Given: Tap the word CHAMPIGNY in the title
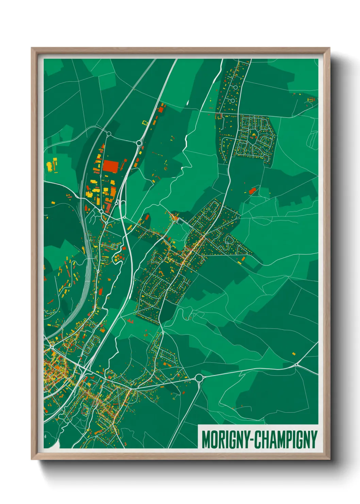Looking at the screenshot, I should (286, 440).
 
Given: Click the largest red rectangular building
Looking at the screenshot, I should (111, 166).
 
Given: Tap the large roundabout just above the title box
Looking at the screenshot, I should (199, 378).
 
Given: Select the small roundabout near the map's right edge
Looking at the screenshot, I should (297, 365).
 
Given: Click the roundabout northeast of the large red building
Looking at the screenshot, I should (139, 143).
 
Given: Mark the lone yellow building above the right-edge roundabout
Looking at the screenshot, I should (294, 354).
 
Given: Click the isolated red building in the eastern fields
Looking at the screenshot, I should (252, 191).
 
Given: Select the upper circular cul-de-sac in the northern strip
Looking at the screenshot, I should (235, 88).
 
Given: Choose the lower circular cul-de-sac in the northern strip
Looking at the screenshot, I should (233, 101).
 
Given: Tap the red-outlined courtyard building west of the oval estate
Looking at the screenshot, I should (218, 116).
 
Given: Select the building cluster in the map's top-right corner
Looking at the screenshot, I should (311, 99).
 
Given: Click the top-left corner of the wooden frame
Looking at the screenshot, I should (32, 48).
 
